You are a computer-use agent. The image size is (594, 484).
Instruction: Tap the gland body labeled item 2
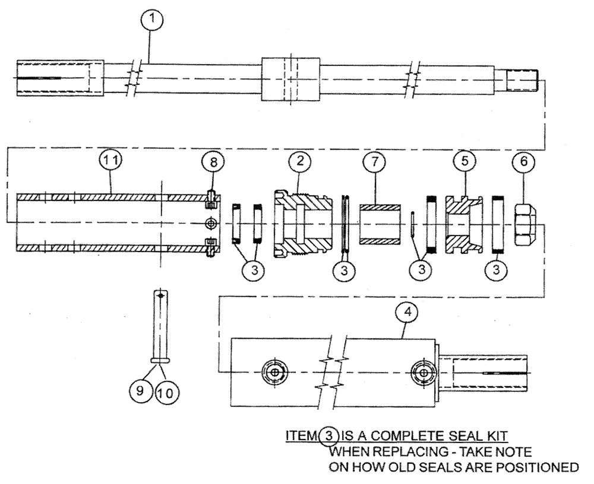click(303, 222)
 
